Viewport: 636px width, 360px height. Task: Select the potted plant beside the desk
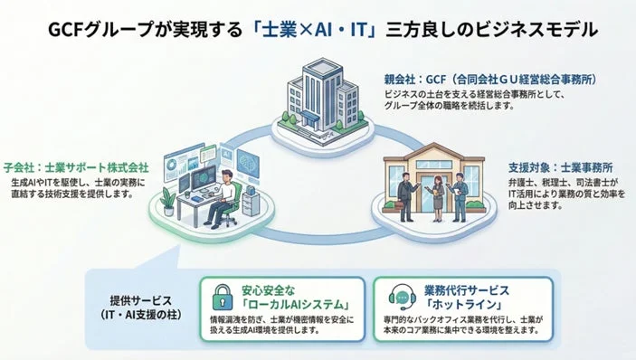click(x=168, y=199)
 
